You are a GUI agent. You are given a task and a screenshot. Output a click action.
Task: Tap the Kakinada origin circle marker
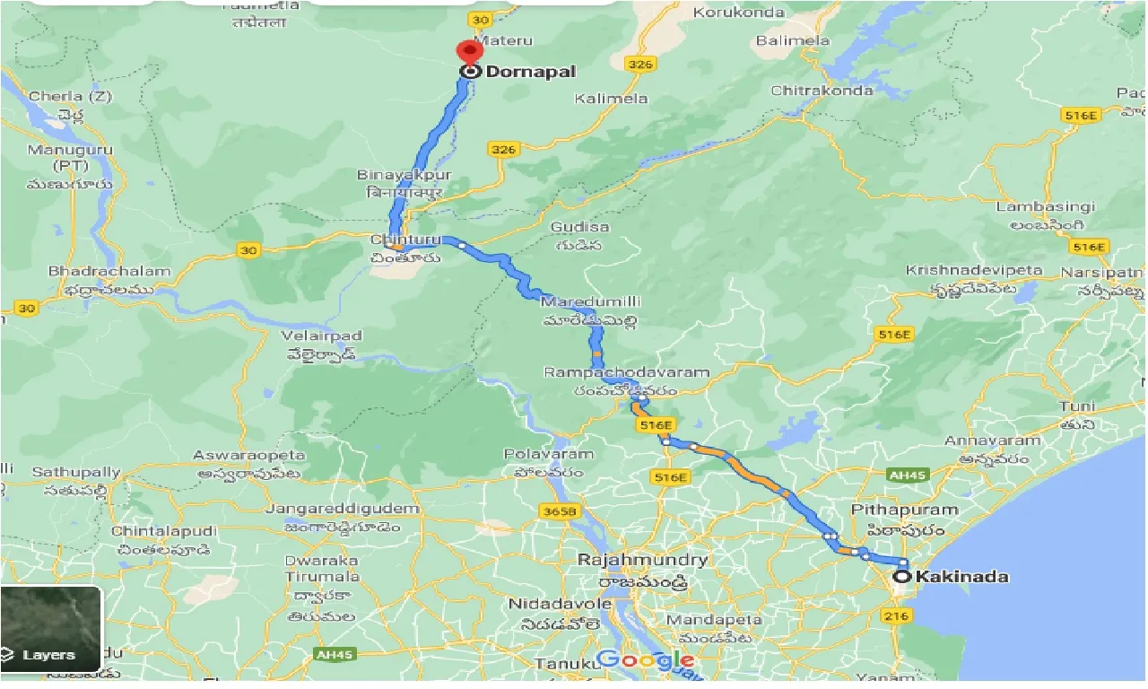click(901, 577)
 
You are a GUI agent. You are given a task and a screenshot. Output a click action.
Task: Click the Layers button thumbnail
click(50, 629)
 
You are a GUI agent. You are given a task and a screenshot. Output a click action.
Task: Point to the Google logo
click(645, 661)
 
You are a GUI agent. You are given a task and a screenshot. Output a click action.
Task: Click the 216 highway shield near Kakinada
click(896, 615)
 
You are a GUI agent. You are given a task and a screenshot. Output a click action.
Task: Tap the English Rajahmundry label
click(643, 560)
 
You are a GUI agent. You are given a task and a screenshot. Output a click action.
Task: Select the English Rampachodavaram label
click(626, 372)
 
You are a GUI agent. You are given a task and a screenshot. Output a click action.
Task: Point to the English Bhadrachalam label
click(109, 272)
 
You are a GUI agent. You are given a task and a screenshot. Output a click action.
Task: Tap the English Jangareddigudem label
click(344, 509)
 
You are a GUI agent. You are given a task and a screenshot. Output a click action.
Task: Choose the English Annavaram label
click(992, 440)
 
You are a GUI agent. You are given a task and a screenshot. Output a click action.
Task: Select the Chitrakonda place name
click(822, 91)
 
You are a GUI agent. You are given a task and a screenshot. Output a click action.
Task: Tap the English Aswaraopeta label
click(249, 456)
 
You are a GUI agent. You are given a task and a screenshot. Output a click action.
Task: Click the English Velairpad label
click(319, 336)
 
